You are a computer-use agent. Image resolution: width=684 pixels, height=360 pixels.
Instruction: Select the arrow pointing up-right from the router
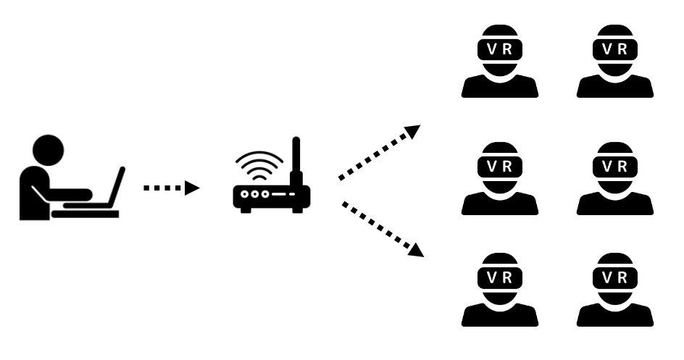378,152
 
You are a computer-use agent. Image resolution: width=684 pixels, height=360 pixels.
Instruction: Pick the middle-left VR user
500,178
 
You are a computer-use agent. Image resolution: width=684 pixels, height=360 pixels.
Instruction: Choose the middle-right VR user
615,178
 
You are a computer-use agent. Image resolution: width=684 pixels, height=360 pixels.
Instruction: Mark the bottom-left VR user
500,290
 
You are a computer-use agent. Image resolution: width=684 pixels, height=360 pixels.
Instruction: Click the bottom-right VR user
615,290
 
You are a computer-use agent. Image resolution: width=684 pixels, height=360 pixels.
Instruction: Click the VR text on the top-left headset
500,49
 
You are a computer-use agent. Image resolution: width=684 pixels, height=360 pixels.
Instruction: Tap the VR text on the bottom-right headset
615,277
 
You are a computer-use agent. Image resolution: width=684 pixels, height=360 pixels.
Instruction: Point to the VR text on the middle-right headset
615,164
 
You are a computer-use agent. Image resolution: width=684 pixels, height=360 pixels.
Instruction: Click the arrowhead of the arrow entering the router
192,188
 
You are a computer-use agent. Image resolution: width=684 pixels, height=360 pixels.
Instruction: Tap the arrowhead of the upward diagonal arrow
413,131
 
